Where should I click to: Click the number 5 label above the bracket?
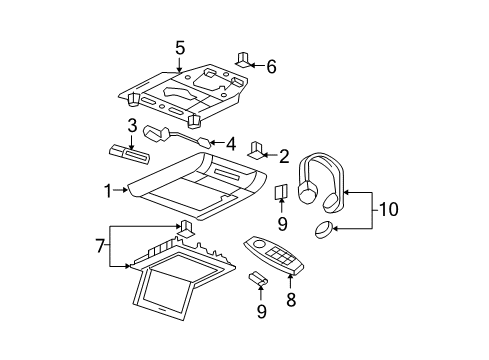pyautogui.click(x=180, y=47)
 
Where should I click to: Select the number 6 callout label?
pyautogui.click(x=271, y=66)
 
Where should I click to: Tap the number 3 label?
pyautogui.click(x=131, y=125)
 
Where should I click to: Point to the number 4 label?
pyautogui.click(x=232, y=143)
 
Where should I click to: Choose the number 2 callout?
pyautogui.click(x=284, y=156)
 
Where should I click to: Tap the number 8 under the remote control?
pyautogui.click(x=282, y=222)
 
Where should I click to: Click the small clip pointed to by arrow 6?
pyautogui.click(x=243, y=57)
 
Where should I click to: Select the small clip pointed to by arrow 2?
pyautogui.click(x=256, y=150)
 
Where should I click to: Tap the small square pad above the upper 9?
pyautogui.click(x=282, y=192)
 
